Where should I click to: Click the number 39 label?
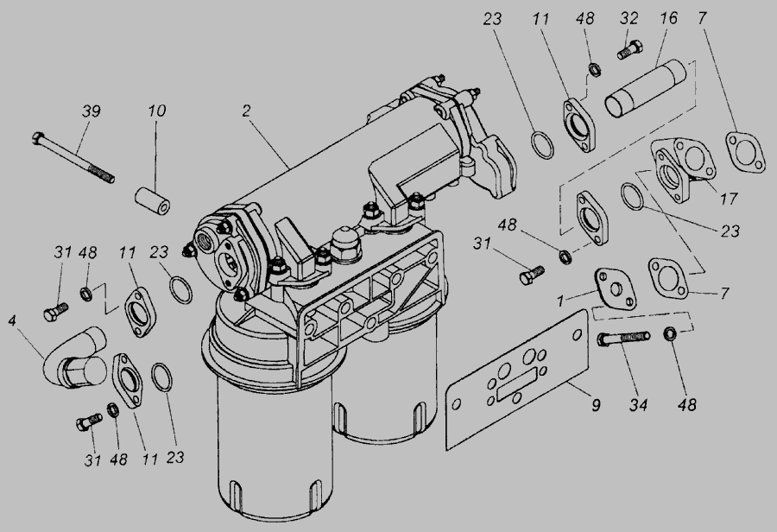[92, 111]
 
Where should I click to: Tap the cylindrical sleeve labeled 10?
[153, 200]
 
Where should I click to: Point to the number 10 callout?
[156, 111]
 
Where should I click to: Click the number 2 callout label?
[247, 111]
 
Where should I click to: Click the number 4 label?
[12, 320]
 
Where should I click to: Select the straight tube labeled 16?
[645, 89]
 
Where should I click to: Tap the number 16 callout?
[668, 18]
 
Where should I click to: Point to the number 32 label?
[629, 18]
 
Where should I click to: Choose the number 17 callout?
[729, 199]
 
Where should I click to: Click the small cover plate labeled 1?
[615, 288]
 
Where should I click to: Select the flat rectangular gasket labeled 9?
[516, 379]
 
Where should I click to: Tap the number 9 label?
[596, 405]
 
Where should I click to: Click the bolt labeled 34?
[623, 339]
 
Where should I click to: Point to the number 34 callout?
[638, 405]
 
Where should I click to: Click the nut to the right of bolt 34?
[671, 333]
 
